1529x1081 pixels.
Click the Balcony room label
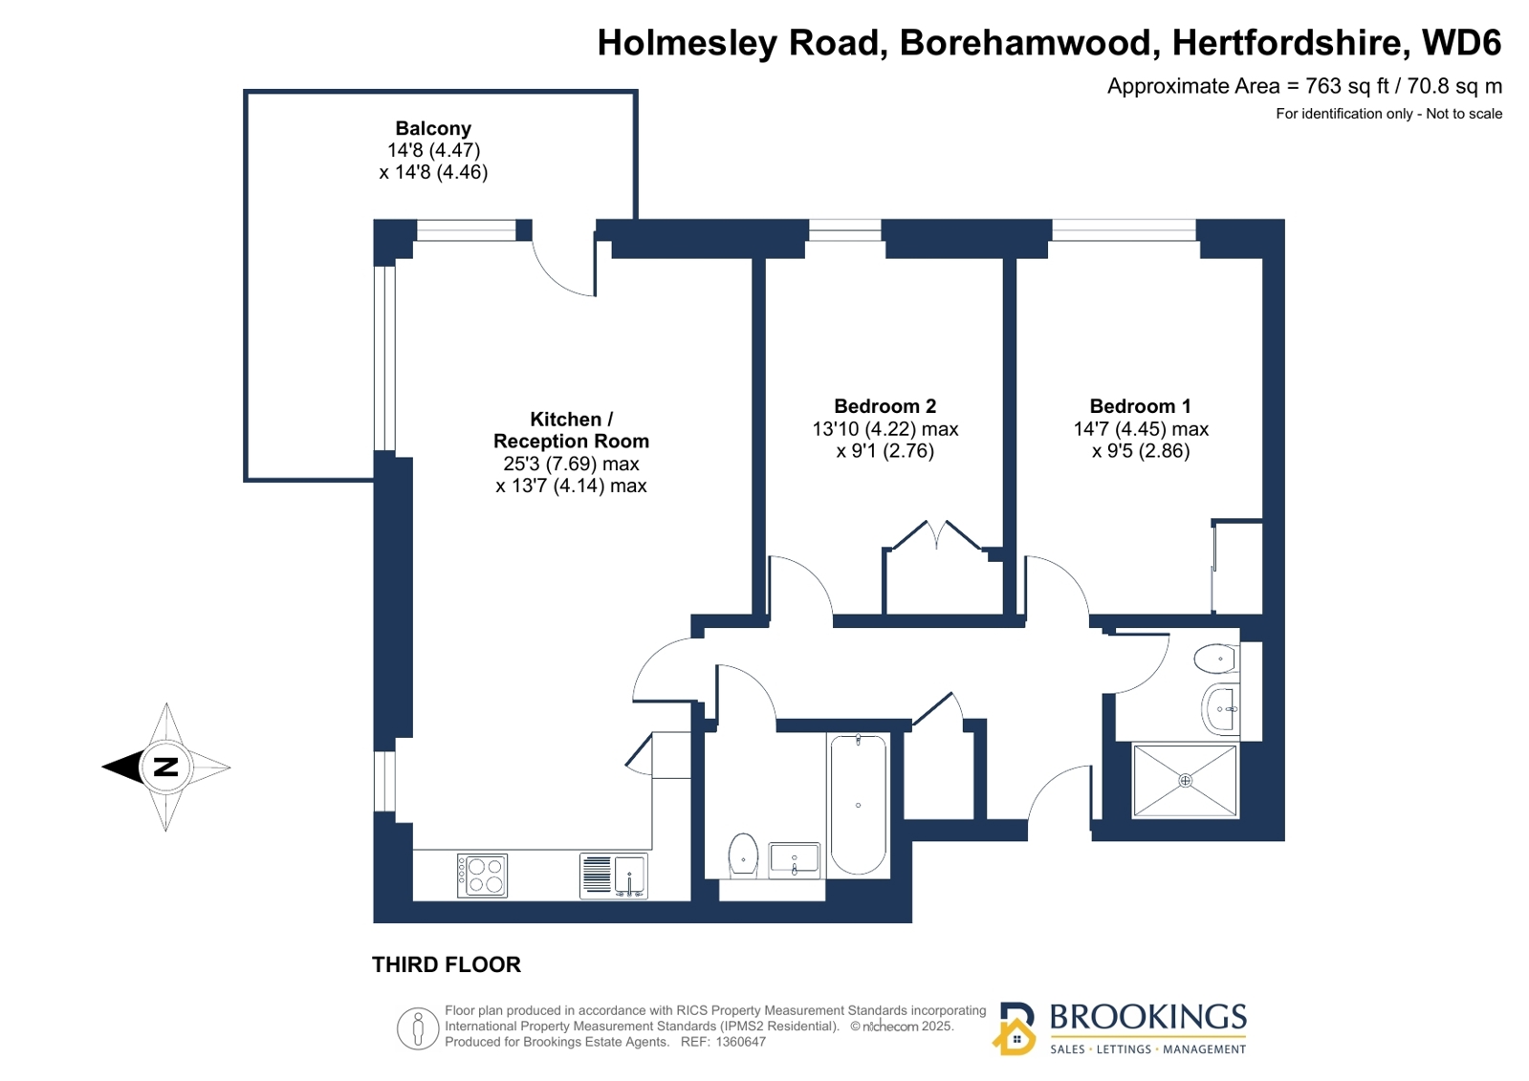[433, 128]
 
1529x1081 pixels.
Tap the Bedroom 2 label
[885, 406]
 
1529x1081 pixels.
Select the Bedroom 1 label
[1140, 406]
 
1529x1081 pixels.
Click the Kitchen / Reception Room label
[571, 430]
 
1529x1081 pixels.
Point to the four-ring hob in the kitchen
[483, 876]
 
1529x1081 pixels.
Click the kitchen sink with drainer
[614, 876]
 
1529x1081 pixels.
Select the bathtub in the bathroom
[858, 806]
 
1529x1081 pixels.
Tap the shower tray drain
[1185, 780]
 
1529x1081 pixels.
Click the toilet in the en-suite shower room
[1215, 659]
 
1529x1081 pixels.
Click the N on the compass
[165, 767]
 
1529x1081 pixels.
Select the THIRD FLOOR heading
[447, 964]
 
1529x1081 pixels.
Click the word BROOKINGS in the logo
[1148, 1017]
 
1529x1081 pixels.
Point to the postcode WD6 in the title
[1461, 42]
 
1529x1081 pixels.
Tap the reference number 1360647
[740, 1042]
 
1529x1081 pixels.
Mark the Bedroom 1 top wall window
[1124, 230]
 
